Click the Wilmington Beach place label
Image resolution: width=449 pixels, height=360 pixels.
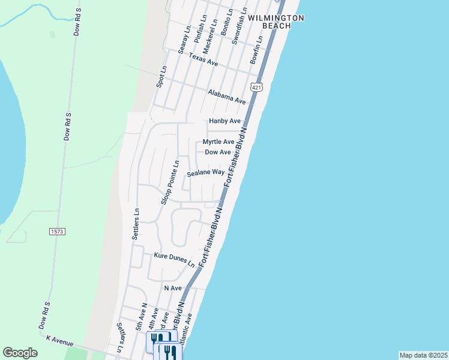click(276, 22)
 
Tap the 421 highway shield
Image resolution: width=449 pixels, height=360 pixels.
click(257, 88)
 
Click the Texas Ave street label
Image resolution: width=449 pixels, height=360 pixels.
click(203, 59)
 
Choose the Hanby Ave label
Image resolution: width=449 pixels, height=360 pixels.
click(224, 121)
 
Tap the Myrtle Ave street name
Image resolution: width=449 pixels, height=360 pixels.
click(218, 142)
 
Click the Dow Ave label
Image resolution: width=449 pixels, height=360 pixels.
click(218, 152)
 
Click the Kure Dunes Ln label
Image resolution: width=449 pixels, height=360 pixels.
click(174, 260)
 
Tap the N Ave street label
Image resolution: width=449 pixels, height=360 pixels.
click(173, 289)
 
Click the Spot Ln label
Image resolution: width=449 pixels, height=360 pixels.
click(160, 77)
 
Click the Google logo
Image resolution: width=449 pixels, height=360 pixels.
click(20, 353)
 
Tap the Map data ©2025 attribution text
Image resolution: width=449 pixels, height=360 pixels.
click(423, 355)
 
